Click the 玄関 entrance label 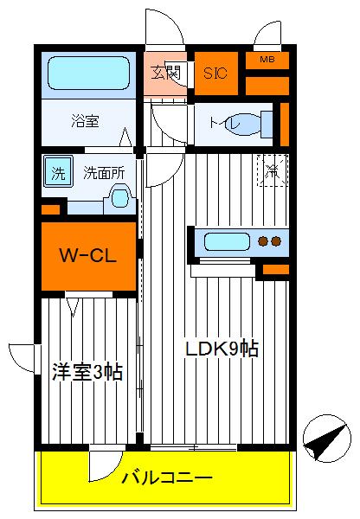pos(165,73)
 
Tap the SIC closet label pos(215,74)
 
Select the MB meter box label pos(267,60)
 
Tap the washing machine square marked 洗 pos(58,171)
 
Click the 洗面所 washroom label pos(103,172)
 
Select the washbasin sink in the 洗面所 pos(117,202)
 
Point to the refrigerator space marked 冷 pos(272,170)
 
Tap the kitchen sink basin pos(225,241)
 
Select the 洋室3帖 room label pos(87,373)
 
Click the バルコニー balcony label pos(165,477)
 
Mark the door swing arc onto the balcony pos(102,464)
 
